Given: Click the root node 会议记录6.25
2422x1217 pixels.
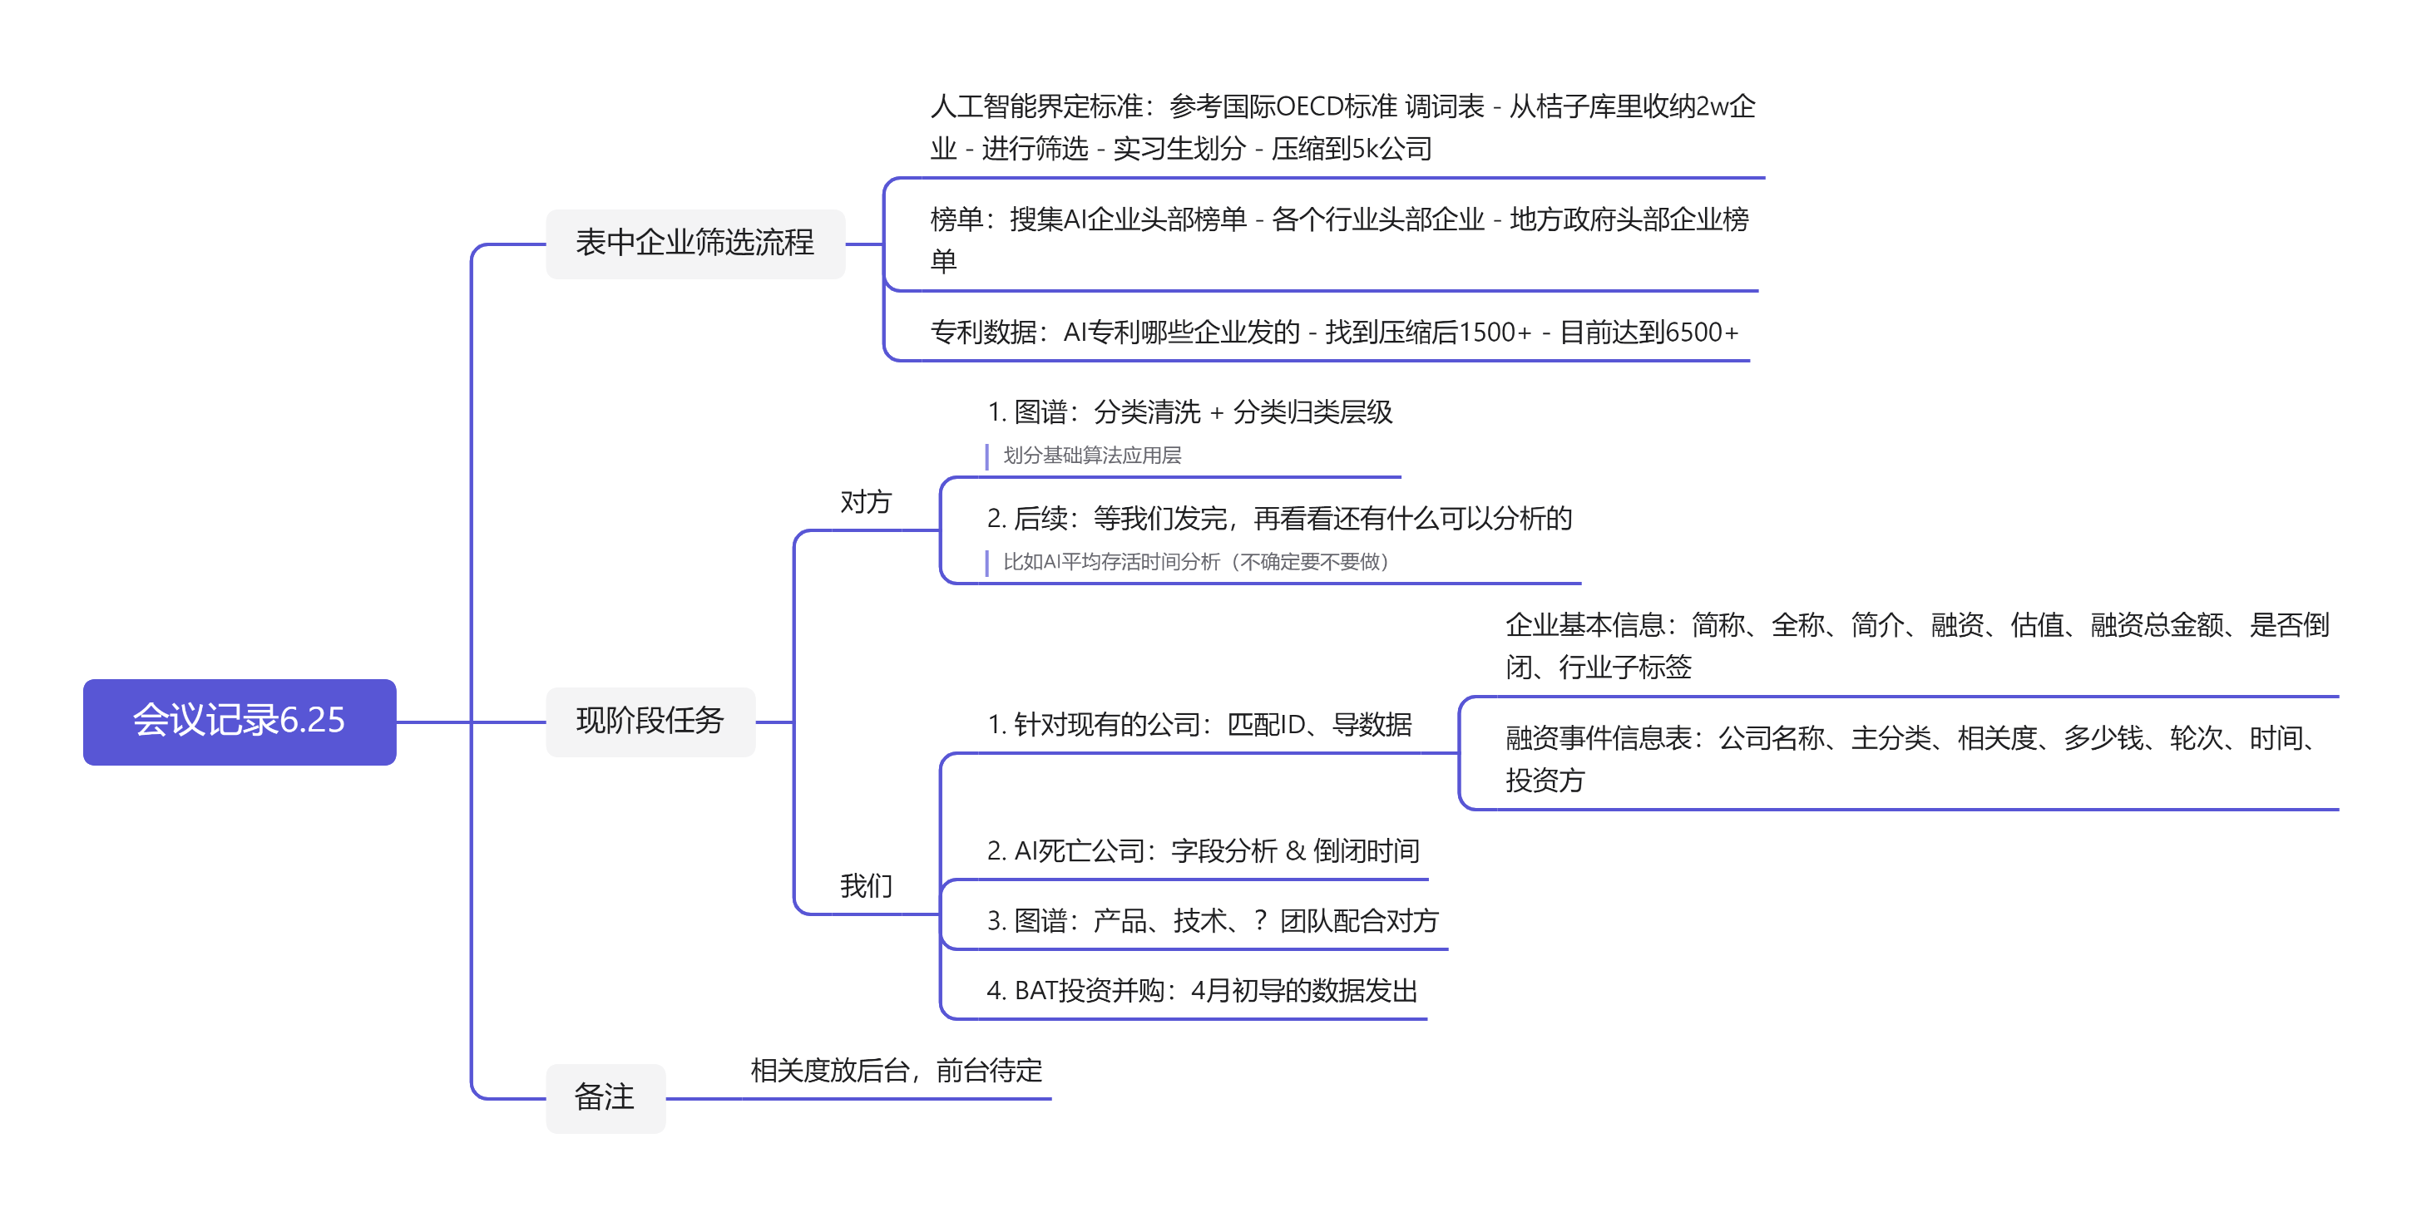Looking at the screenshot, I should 239,721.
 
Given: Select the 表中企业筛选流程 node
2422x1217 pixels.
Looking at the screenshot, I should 694,244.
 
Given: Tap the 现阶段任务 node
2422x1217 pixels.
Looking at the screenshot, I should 650,721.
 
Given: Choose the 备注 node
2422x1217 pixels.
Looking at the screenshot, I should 605,1096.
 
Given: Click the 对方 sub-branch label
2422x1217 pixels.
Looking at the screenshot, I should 865,502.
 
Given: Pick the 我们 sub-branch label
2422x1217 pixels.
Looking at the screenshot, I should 865,885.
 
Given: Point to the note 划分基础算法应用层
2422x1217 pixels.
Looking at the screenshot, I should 1091,456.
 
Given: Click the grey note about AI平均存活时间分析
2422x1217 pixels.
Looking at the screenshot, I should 1195,562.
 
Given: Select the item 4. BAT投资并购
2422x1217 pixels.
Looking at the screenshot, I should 1202,991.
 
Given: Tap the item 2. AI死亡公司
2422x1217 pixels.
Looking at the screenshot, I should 1203,851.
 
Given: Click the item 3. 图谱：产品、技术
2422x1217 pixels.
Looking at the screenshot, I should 1212,921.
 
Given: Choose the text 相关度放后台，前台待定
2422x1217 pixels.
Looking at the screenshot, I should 896,1071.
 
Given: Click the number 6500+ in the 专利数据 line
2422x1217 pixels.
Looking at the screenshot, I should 1700,333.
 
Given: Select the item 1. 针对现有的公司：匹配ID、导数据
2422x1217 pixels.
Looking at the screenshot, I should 1199,725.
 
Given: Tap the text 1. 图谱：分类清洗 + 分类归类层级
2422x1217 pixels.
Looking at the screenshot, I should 1189,412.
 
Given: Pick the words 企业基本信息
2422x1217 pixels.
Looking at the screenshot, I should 1584,625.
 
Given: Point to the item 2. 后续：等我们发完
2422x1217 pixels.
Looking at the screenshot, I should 1278,519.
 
